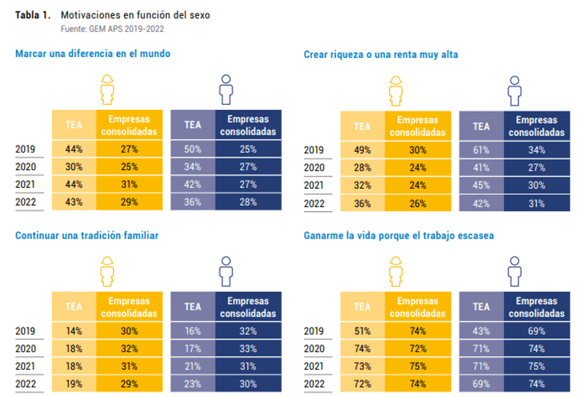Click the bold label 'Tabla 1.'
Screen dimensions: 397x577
(32, 15)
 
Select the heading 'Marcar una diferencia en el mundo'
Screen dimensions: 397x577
(93, 54)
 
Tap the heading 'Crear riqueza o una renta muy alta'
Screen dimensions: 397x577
(381, 55)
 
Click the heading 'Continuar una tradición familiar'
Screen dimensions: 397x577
(87, 235)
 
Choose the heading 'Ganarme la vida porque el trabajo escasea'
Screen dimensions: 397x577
(398, 236)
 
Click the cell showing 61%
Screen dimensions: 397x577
(481, 151)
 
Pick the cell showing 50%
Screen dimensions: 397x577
(193, 149)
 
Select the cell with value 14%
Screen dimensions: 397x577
(74, 331)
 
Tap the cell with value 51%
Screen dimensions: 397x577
(362, 332)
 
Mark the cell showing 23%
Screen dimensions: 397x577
(193, 384)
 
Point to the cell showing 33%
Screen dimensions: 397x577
(248, 349)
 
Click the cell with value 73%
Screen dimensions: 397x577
(362, 367)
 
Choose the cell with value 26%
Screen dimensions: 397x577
(417, 204)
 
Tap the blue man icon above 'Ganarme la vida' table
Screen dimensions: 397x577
(515, 271)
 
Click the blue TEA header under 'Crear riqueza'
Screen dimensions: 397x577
(481, 126)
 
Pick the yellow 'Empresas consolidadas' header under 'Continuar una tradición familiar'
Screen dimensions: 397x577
(129, 307)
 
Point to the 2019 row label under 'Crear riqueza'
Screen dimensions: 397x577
(313, 151)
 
